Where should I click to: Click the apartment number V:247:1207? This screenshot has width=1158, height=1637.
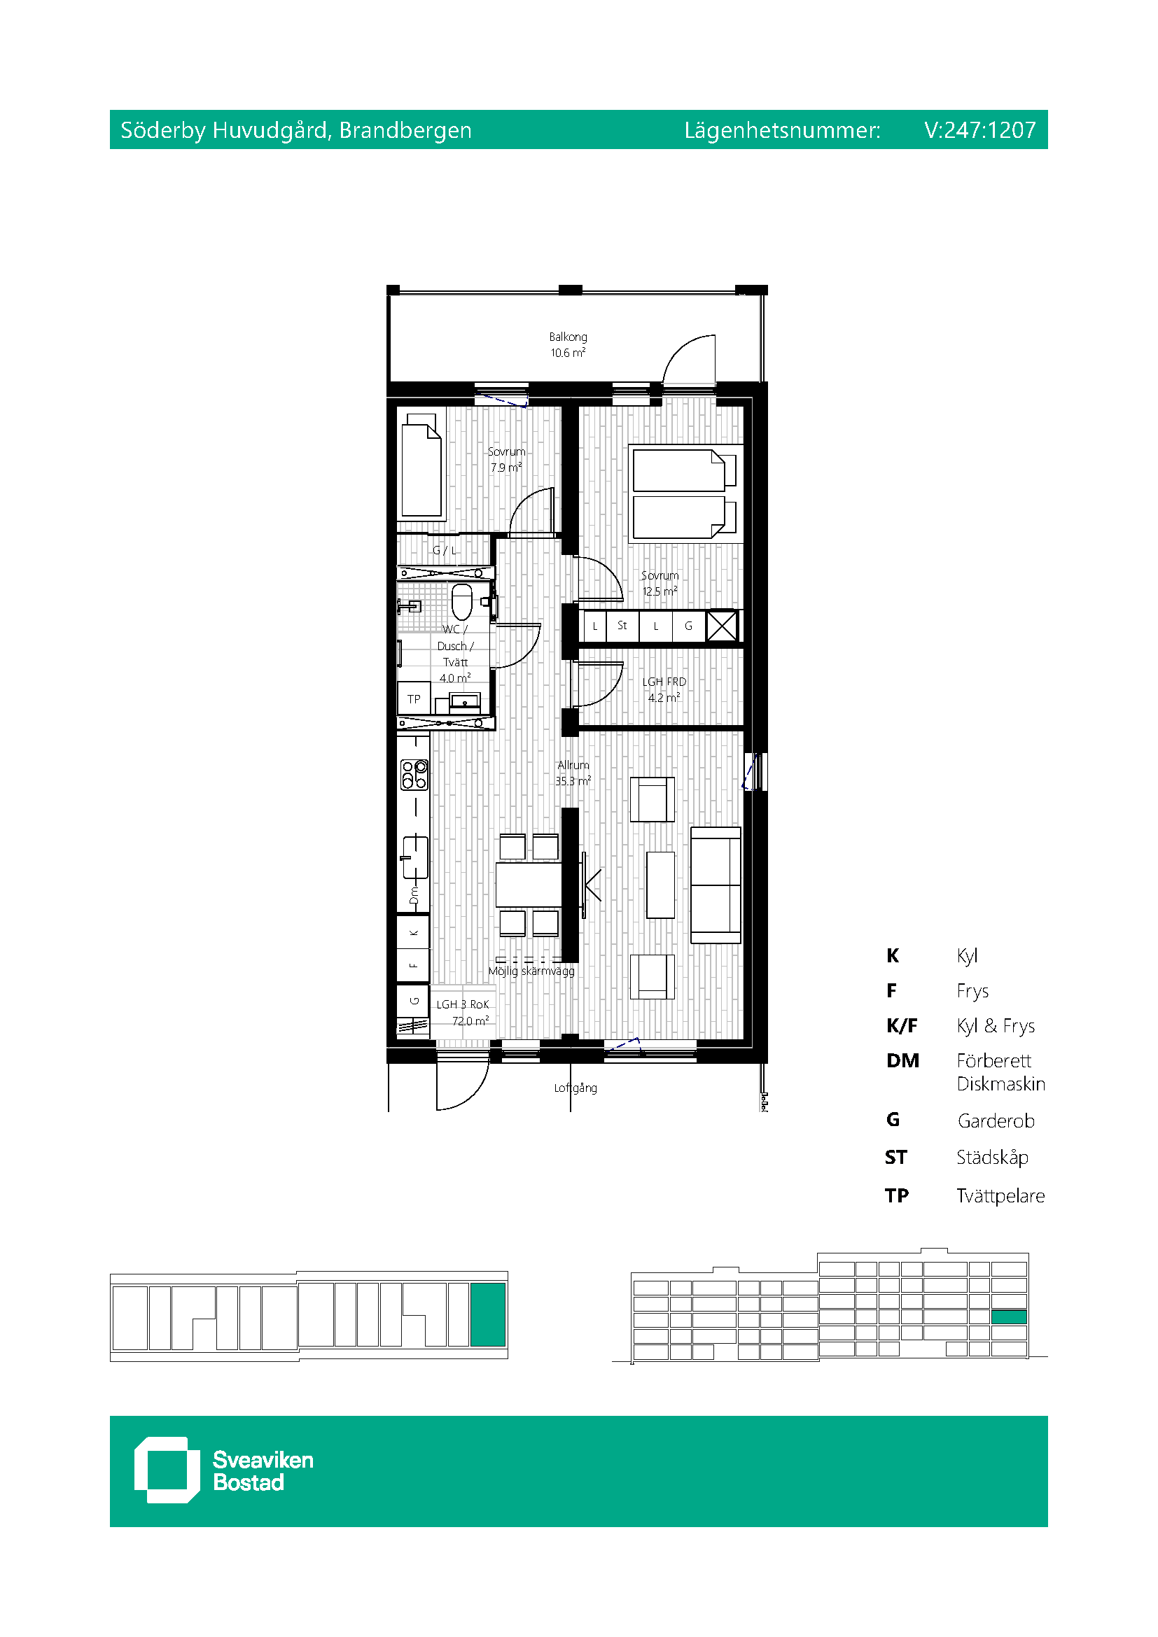click(x=979, y=129)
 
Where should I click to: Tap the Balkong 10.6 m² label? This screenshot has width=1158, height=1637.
click(x=568, y=345)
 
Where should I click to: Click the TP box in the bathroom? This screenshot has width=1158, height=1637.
click(x=414, y=698)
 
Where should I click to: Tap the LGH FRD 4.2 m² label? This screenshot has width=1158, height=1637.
click(x=664, y=689)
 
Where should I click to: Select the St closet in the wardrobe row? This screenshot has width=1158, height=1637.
click(x=622, y=626)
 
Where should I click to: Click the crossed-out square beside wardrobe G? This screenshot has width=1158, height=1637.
click(x=722, y=626)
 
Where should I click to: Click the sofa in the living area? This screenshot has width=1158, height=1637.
click(x=716, y=885)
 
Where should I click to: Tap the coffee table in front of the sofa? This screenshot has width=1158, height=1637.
click(x=660, y=885)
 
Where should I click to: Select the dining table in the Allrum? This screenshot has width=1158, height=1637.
click(x=529, y=885)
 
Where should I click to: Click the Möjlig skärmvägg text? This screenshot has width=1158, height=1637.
click(x=531, y=971)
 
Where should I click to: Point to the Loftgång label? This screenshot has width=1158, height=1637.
click(x=575, y=1088)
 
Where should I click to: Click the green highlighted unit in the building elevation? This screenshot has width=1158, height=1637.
click(x=1009, y=1317)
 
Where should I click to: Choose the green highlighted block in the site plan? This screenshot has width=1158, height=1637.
click(x=488, y=1315)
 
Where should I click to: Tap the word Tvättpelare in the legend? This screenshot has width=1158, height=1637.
click(x=1000, y=1195)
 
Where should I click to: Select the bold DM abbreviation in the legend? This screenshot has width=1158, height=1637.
click(x=902, y=1060)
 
